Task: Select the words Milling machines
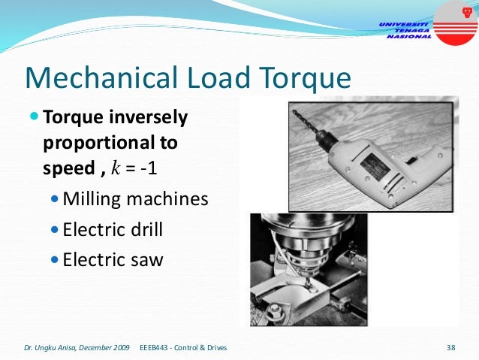click(x=135, y=199)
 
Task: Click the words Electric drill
click(x=113, y=229)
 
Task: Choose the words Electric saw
click(x=113, y=259)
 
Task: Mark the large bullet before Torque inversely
click(x=35, y=118)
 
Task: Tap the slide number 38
click(x=451, y=348)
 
